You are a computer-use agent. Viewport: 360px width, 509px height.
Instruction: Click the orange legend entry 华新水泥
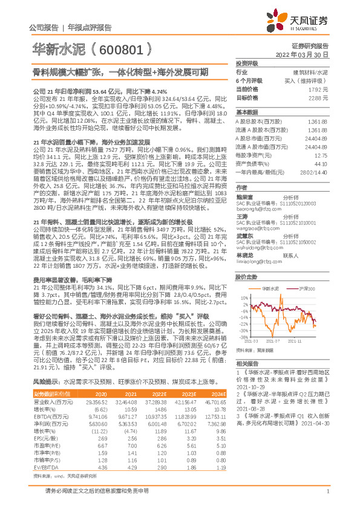pos(271,289)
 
